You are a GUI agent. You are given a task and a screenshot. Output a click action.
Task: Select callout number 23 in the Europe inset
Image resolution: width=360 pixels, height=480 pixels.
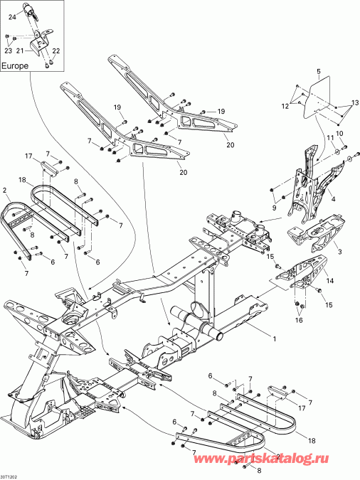point(9,50)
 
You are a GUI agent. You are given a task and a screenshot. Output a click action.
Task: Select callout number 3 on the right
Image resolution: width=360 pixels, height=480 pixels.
point(339,252)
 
